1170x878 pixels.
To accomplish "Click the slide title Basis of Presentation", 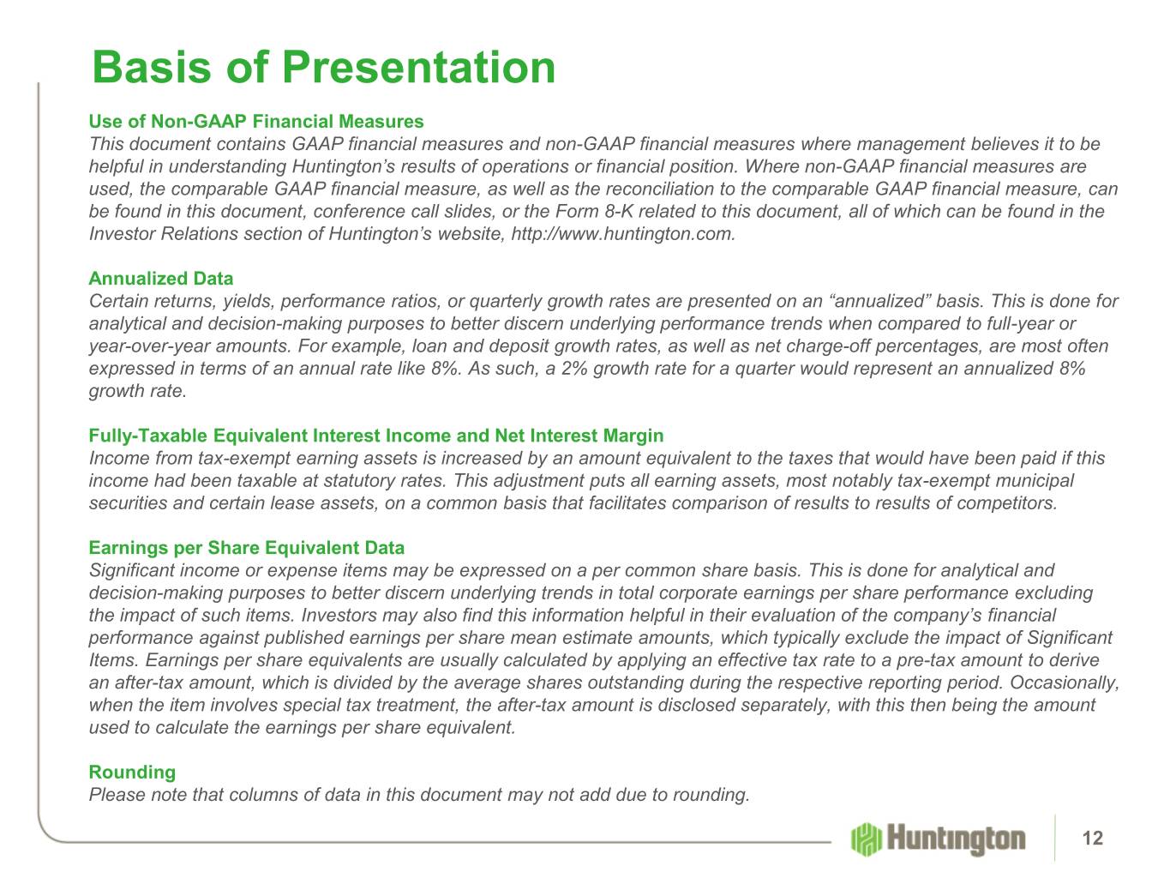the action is (x=323, y=67).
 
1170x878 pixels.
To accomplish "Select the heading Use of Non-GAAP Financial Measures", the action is (x=255, y=121).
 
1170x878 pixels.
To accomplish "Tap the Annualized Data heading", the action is (x=161, y=279).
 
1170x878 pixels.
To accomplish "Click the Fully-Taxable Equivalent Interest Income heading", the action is (x=375, y=436).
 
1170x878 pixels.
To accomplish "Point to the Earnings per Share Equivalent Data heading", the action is (x=246, y=548).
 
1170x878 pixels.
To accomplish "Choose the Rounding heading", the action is (x=132, y=772).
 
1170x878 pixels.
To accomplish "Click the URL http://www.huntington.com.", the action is (x=623, y=234).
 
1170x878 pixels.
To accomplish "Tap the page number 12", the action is (x=1092, y=838).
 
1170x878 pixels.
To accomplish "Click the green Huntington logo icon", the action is (x=866, y=839).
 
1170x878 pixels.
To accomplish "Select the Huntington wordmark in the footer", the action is (x=956, y=839).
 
